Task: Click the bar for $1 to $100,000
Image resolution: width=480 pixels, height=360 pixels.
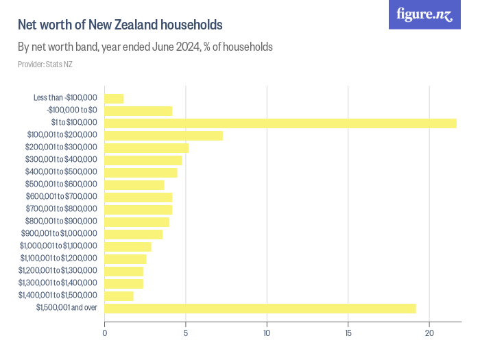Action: pos(280,123)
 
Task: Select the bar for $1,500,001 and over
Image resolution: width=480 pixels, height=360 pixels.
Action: pos(260,309)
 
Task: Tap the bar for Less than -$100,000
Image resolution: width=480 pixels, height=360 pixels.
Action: pos(114,99)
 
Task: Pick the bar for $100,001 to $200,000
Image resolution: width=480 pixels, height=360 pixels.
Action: pos(163,136)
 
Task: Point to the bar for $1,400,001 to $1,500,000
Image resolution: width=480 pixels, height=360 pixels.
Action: pos(119,296)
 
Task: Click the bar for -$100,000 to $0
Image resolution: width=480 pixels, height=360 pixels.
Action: pos(138,111)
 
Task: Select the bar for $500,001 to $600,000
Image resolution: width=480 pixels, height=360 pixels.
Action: pos(134,185)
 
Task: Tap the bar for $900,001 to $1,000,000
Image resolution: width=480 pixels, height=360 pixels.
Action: pos(133,235)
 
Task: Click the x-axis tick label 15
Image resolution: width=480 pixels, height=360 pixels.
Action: pos(348,333)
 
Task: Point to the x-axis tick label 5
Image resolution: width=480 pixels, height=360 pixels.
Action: pos(186,333)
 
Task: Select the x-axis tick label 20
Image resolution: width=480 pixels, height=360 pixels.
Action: pos(429,333)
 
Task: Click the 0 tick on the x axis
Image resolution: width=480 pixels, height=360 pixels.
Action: pos(104,333)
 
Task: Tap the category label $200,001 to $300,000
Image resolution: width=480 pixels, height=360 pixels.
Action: pos(61,147)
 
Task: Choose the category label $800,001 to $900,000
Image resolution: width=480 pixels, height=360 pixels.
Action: pos(61,221)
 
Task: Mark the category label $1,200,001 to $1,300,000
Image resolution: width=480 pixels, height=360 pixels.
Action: pos(58,271)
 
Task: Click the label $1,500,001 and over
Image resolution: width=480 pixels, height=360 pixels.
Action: pos(67,308)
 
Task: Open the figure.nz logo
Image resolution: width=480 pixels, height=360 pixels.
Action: pos(425,14)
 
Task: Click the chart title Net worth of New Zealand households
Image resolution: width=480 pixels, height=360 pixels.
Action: pos(120,25)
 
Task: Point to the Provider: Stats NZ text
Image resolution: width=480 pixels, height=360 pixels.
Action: pos(45,64)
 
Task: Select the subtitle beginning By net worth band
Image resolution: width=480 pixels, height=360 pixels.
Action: pos(145,47)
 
